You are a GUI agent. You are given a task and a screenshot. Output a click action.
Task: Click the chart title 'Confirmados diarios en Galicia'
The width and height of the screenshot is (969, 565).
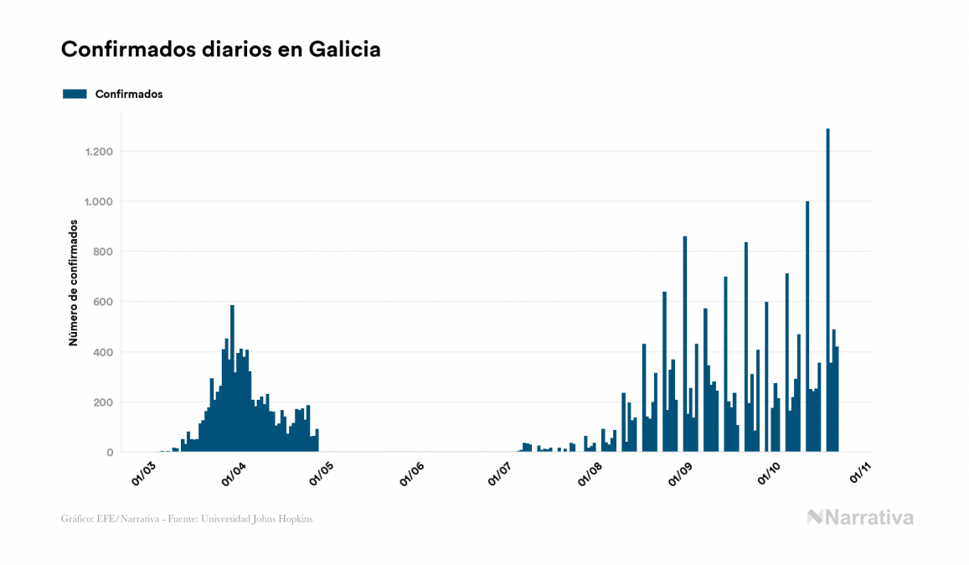[x=221, y=49]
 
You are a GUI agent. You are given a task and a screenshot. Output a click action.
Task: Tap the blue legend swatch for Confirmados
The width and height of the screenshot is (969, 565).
[x=75, y=94]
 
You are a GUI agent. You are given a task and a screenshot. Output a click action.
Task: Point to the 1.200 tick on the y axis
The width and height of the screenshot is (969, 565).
[x=99, y=152]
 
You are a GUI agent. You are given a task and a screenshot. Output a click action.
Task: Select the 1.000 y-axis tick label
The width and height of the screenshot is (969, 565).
[x=99, y=202]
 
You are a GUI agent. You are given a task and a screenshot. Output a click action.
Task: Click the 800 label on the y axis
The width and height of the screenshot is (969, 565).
[x=103, y=251]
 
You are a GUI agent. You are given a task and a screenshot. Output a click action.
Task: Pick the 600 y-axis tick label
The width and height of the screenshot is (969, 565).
[x=103, y=302]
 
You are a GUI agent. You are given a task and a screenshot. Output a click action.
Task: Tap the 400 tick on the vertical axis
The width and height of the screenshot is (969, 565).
[x=103, y=352]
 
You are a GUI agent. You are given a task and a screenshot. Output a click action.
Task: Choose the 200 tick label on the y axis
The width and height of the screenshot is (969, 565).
[x=103, y=402]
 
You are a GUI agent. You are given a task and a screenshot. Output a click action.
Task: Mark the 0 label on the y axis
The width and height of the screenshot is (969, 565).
[x=109, y=453]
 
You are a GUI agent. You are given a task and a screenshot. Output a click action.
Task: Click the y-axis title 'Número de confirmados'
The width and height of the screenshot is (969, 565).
[x=74, y=283]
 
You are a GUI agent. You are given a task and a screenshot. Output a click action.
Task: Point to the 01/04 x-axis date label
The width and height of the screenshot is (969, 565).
[x=232, y=471]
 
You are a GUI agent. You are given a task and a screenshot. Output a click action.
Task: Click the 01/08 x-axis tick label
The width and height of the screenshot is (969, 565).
[x=590, y=471]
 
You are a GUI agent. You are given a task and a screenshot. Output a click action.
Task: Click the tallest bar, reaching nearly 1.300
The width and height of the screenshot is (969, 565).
[x=828, y=290]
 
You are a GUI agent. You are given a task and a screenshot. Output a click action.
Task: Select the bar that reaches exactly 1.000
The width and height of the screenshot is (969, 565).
[x=807, y=327]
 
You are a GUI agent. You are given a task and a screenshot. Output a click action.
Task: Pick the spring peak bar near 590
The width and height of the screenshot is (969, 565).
[x=232, y=379]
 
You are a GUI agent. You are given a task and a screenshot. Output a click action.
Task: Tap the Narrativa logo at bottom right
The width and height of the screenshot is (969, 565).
[x=860, y=517]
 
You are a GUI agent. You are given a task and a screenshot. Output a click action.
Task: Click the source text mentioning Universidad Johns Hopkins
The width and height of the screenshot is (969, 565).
[x=187, y=519]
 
